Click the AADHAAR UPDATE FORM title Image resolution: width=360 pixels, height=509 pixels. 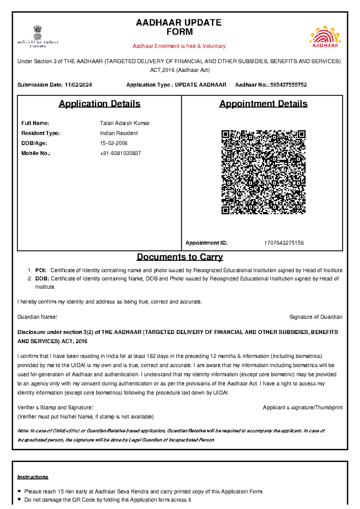179,27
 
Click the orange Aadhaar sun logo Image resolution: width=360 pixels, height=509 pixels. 325,37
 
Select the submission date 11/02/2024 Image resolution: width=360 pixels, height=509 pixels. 78,85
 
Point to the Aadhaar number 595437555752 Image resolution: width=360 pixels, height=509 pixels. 288,85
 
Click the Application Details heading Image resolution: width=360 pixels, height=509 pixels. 99,104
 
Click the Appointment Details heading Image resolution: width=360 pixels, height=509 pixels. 263,104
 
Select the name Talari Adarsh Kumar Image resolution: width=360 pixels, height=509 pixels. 124,123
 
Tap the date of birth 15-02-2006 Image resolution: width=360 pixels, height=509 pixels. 113,143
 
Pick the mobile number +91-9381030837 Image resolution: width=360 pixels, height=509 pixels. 120,153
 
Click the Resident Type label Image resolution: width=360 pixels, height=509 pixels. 40,133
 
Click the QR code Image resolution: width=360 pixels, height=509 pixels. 263,172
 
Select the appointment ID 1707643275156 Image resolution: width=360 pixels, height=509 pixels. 283,243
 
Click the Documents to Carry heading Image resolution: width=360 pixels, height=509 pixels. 180,257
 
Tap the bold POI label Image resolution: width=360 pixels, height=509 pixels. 41,270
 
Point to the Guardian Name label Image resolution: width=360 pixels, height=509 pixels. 37,317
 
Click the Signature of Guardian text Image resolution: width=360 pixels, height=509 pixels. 316,317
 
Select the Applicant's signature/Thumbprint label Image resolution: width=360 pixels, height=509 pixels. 302,408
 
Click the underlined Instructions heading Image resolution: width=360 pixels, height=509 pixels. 33,477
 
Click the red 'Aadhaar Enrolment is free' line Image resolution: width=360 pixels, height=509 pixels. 180,46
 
